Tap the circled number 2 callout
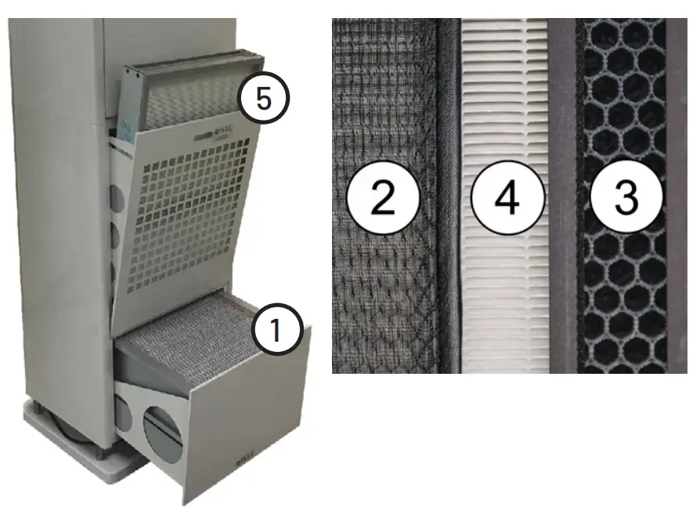383,197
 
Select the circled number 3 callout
626,197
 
